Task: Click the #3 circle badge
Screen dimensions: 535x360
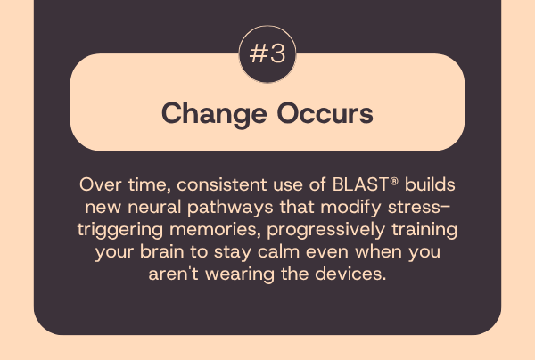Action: click(x=267, y=53)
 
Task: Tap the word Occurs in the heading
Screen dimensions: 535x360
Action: click(x=325, y=113)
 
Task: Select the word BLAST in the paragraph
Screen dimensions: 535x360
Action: click(x=360, y=184)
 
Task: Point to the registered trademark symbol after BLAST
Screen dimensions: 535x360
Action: click(x=394, y=181)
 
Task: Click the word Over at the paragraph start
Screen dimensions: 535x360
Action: click(x=100, y=184)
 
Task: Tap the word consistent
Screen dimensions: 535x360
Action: click(x=221, y=184)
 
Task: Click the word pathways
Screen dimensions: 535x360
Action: click(x=230, y=208)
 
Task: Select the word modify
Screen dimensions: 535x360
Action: click(x=350, y=208)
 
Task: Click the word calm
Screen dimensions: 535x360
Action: click(x=278, y=252)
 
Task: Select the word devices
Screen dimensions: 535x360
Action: click(x=350, y=274)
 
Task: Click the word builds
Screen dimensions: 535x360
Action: click(x=430, y=184)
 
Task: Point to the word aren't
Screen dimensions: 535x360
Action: click(x=173, y=274)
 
